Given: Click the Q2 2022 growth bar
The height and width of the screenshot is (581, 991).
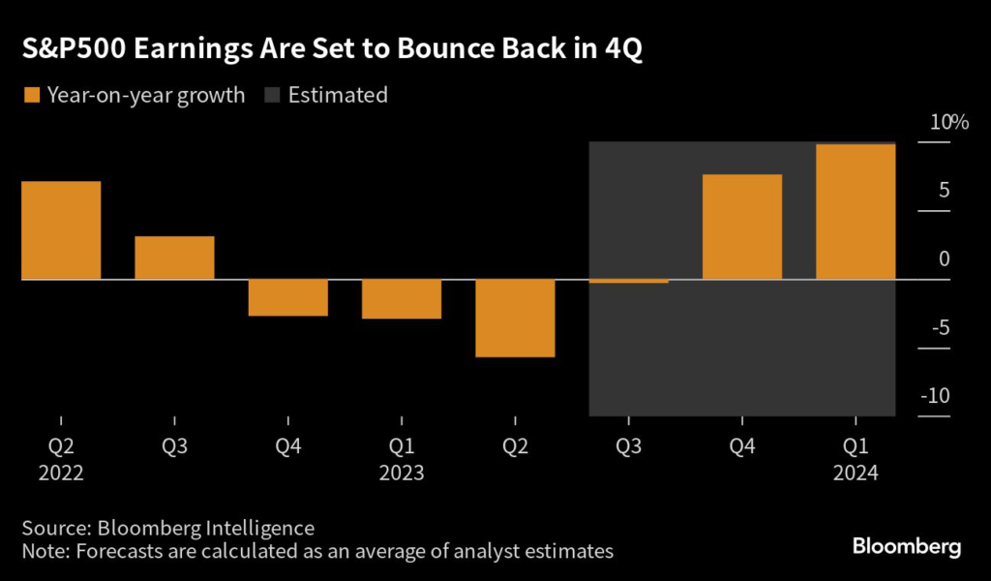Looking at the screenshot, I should (61, 230).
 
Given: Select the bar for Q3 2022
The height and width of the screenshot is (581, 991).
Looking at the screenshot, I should (174, 258).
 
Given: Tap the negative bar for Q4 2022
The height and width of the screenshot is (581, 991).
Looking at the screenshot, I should (287, 297).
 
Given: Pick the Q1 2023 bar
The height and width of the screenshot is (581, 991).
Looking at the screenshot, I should (402, 299).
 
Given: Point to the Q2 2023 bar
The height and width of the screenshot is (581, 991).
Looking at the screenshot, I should (515, 319).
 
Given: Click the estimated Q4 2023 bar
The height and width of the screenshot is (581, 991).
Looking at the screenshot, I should (742, 227).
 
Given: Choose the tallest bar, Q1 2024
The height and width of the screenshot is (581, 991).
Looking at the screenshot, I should (856, 212).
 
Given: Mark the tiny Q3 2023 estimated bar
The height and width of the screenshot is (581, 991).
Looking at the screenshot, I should (628, 282).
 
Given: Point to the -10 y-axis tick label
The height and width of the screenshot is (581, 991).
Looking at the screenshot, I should (934, 396).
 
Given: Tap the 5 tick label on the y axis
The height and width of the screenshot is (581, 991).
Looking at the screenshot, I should (943, 191).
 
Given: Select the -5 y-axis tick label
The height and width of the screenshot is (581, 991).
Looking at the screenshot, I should (938, 327).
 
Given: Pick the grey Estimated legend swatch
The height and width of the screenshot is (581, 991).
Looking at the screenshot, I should (273, 95).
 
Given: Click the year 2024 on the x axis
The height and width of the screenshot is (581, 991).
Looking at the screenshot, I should (856, 474).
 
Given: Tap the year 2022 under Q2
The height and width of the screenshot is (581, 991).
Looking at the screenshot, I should (61, 474).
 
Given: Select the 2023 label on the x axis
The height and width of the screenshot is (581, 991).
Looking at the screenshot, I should (402, 474).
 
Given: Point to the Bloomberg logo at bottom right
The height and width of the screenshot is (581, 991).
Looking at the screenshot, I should (907, 547).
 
